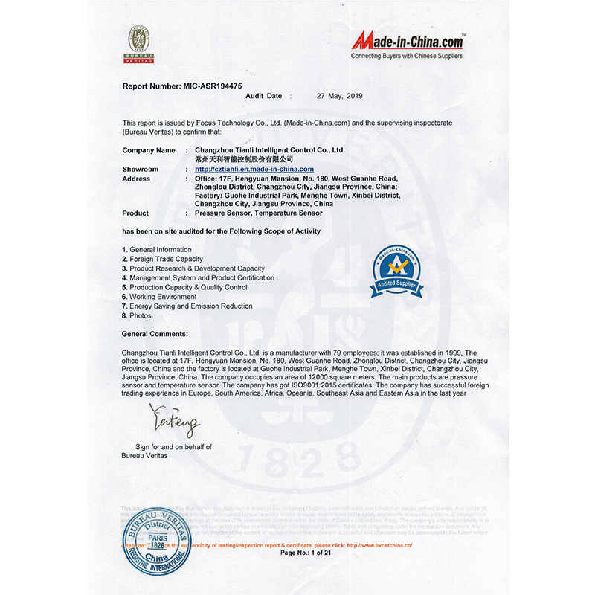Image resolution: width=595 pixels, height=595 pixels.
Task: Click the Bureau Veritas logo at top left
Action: [138, 44]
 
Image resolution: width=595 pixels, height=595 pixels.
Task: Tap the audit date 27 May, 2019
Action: [339, 96]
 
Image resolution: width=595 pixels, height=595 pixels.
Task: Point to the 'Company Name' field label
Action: [149, 150]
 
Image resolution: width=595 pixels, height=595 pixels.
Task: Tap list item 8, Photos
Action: [141, 316]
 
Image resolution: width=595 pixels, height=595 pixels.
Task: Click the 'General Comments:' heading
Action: [155, 334]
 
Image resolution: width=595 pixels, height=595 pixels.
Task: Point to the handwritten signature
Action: [176, 422]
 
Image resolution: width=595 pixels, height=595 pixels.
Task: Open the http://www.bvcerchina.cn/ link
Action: [379, 545]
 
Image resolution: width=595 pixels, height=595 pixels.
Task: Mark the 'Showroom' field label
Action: [141, 170]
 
